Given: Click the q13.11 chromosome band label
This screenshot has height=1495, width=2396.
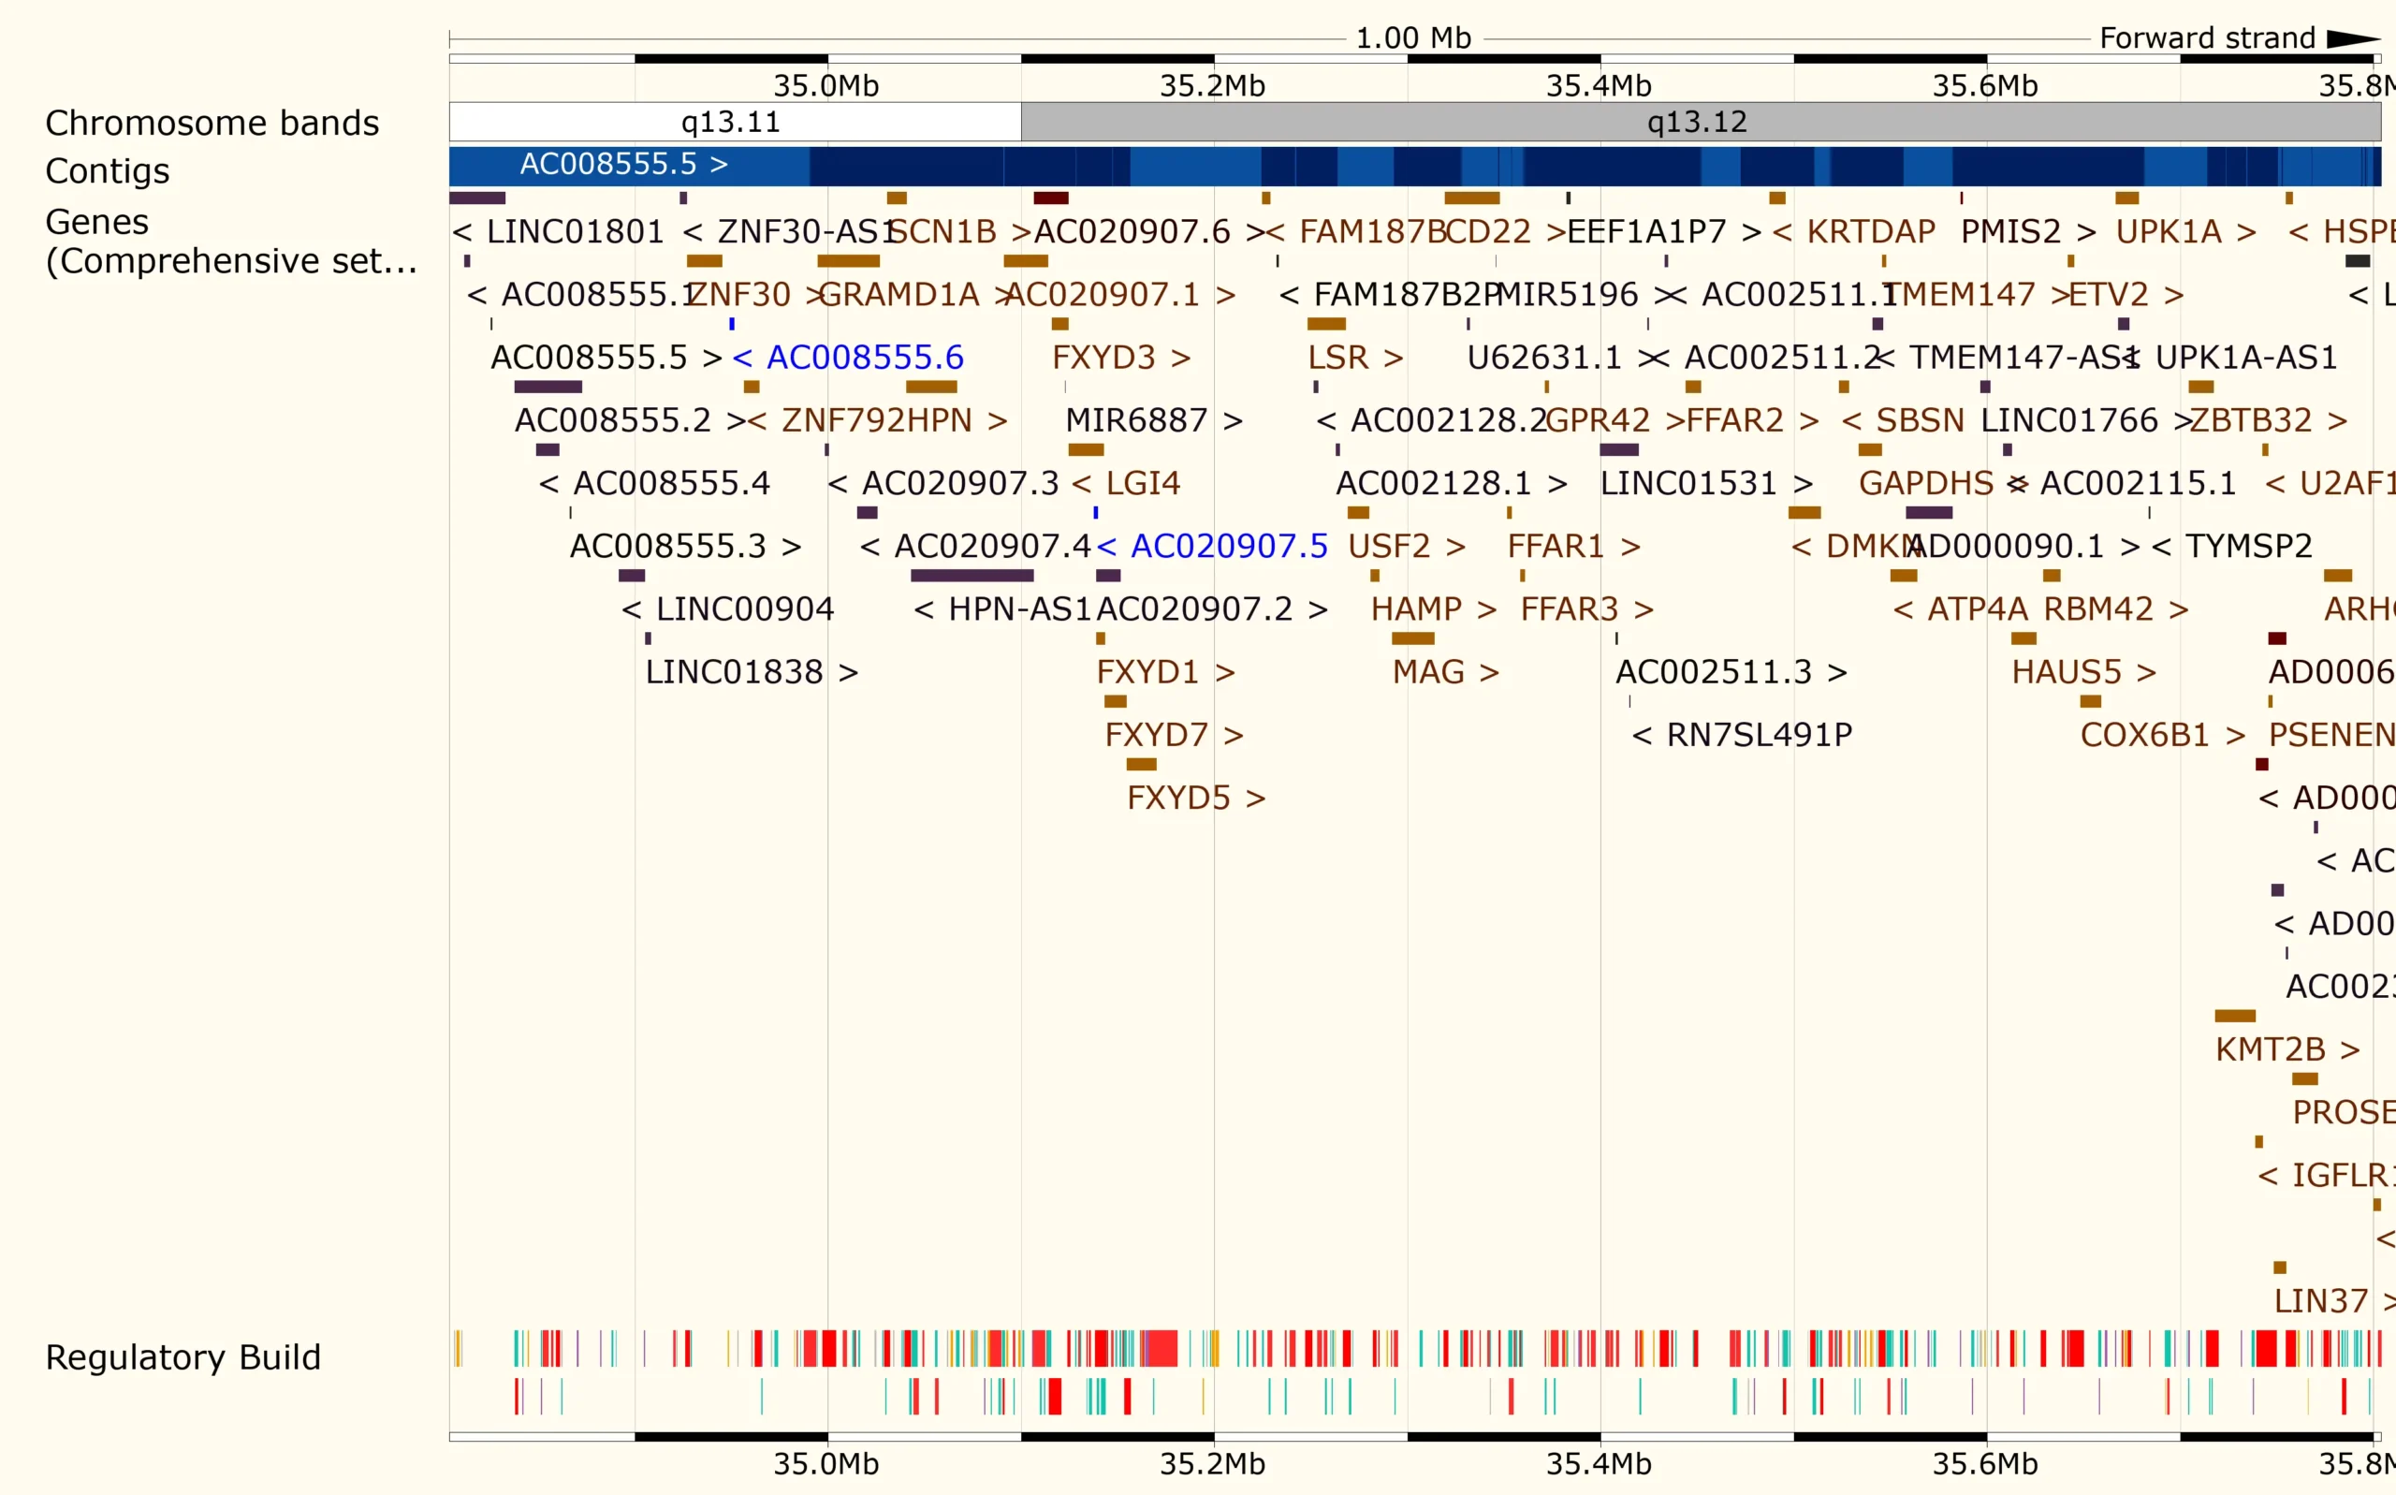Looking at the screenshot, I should point(730,122).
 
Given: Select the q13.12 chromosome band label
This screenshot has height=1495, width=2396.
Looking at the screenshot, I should point(1696,122).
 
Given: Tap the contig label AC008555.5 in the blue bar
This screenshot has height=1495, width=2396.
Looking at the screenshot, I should point(622,164).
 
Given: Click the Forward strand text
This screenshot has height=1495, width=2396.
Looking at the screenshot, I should point(2206,38).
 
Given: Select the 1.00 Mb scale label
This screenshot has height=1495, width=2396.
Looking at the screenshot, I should point(1412,38).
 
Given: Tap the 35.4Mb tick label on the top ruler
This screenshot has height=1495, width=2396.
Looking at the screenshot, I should point(1599,86).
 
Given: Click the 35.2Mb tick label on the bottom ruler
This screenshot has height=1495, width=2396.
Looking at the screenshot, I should point(1212,1463).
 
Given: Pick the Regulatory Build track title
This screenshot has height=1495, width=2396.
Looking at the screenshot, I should point(183,1357).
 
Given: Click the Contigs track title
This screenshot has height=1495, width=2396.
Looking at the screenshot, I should point(107,171).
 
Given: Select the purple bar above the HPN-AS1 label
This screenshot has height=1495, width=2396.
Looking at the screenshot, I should point(972,576).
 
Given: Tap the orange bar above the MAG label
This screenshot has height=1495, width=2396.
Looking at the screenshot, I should point(1412,638).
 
